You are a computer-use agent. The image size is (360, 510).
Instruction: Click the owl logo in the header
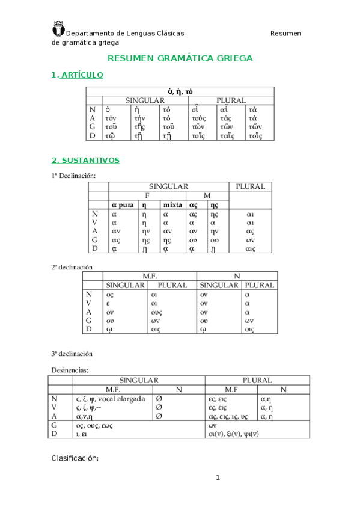click(59, 28)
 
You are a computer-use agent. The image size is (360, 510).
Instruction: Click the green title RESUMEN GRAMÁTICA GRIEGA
click(180, 58)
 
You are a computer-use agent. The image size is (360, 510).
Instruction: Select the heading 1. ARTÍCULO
click(78, 75)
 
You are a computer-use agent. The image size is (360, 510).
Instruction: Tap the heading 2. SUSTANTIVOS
click(85, 161)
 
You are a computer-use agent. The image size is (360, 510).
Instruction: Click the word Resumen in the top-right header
click(285, 34)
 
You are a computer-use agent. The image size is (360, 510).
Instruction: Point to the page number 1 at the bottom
click(219, 478)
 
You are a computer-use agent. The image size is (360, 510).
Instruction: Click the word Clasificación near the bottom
click(75, 458)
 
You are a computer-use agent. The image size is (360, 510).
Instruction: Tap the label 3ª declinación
click(72, 354)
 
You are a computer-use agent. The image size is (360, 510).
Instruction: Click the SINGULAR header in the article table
click(145, 100)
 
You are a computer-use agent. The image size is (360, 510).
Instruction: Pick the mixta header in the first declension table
click(172, 205)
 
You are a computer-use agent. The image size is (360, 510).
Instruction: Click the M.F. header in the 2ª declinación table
click(149, 276)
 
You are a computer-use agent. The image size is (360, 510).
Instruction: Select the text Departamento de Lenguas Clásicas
click(124, 34)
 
